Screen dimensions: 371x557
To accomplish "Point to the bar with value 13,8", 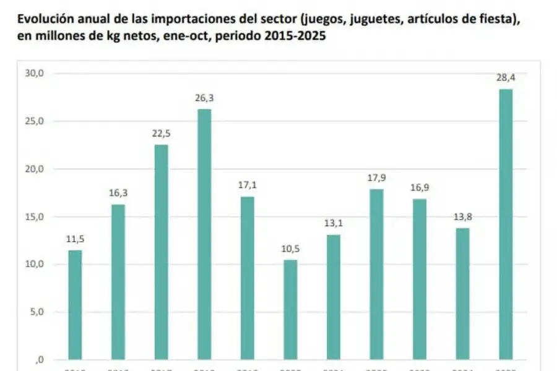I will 462,294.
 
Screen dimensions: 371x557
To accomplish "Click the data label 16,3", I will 118,192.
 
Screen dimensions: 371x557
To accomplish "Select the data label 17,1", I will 247,185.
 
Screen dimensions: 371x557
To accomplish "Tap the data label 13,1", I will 333,223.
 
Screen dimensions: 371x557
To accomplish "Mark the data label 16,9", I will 419,187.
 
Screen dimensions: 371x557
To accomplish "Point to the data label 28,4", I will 505,77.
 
